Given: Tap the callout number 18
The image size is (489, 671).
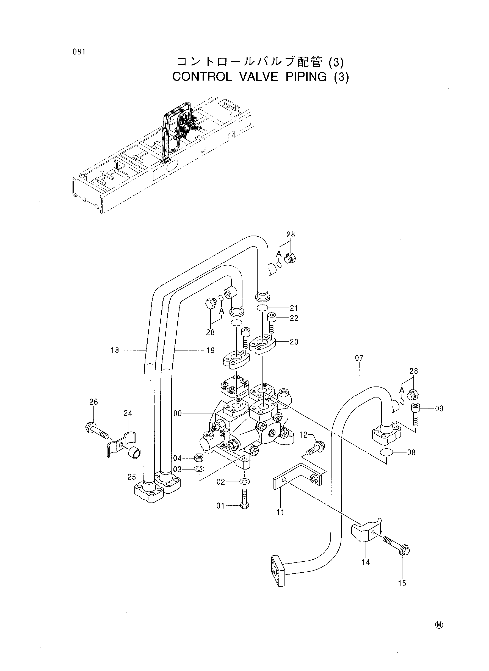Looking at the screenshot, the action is pos(115,350).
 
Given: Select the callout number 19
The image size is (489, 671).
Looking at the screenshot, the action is pos(210,351).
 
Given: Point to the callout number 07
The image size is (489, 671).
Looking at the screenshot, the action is pos(359,358).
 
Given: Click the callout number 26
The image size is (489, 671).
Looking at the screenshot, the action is pos(93,402).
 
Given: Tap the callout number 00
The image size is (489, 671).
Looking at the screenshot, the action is pos(178,413).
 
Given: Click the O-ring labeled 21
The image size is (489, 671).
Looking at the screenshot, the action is pos(263,308).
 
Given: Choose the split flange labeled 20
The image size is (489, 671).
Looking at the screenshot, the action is pos(263,344).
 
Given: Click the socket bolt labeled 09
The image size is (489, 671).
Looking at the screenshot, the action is pos(415,413).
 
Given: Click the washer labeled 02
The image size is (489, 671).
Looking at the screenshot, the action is pos(244,482).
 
